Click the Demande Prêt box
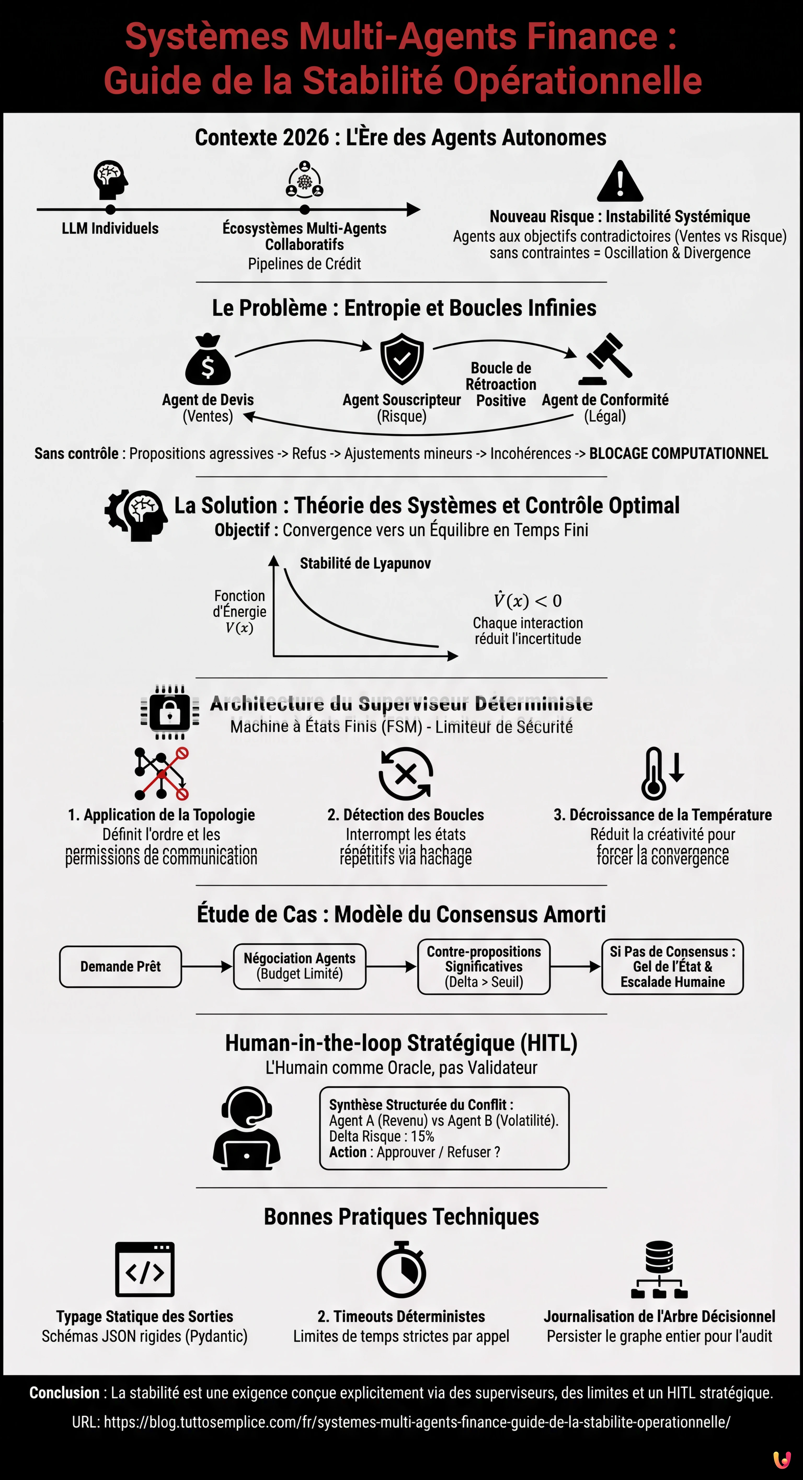pyautogui.click(x=121, y=967)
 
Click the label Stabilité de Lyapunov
pyautogui.click(x=365, y=564)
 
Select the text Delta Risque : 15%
pyautogui.click(x=381, y=1137)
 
